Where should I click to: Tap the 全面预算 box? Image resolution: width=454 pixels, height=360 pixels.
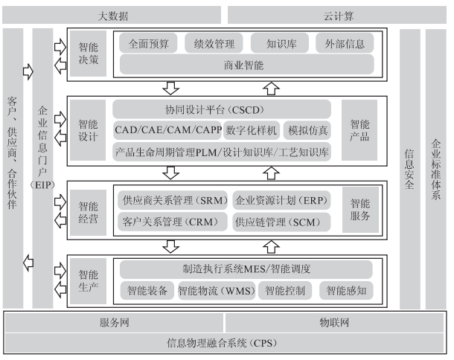click(x=148, y=43)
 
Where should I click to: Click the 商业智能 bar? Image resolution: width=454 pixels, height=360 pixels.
click(x=243, y=65)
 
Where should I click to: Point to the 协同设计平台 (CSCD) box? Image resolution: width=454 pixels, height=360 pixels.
click(x=223, y=109)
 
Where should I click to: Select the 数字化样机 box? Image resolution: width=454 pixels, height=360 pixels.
click(x=251, y=131)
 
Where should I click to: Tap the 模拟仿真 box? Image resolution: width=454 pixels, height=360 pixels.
click(x=307, y=131)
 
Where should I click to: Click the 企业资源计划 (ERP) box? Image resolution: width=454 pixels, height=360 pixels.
click(x=281, y=200)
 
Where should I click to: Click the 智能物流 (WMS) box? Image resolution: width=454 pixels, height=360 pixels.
click(x=216, y=290)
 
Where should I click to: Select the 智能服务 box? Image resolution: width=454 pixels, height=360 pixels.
click(x=361, y=209)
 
